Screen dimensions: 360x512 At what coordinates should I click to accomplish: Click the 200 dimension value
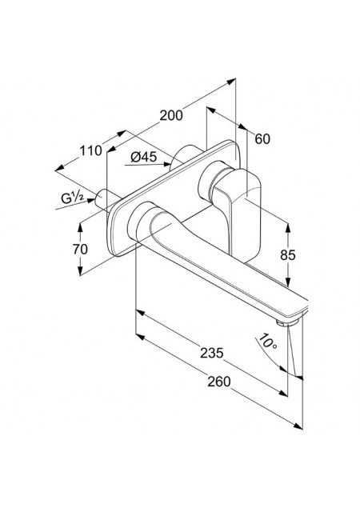tap(171, 115)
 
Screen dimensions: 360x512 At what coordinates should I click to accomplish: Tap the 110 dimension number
tap(91, 151)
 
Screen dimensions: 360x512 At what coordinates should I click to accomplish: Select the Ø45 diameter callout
tap(144, 157)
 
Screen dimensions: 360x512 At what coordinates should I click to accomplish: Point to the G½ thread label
tap(73, 198)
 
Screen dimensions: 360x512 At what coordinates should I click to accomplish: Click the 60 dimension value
tap(262, 139)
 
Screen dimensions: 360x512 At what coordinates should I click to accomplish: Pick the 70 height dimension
tap(80, 249)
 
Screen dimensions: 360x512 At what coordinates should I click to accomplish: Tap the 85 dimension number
tap(288, 255)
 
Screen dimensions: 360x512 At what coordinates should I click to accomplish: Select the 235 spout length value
tap(212, 353)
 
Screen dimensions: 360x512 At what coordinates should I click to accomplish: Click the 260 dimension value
tap(219, 382)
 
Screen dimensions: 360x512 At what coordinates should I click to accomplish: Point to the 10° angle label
tap(267, 342)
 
